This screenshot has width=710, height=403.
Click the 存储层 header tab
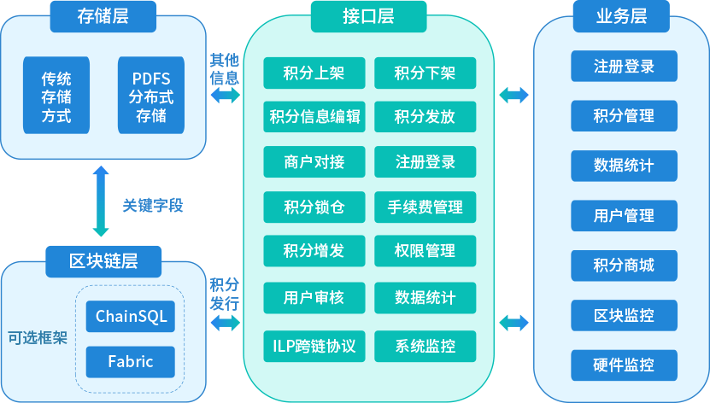point(103,15)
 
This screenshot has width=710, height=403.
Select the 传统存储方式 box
point(56,96)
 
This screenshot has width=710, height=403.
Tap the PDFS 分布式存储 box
point(151,96)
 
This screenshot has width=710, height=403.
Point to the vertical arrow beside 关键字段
point(101,201)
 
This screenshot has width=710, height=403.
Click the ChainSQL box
point(131,317)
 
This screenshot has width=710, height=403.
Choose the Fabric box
point(131,362)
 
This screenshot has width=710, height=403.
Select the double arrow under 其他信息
point(225,96)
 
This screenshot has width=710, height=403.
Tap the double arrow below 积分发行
point(225,323)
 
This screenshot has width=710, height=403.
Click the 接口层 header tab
point(369,15)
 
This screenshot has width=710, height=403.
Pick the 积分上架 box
point(314,73)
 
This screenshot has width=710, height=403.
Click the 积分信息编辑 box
point(314,117)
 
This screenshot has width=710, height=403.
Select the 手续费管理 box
point(425,207)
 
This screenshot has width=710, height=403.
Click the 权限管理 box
point(425,252)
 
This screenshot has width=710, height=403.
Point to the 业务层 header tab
point(621,15)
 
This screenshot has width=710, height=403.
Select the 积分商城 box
point(624,266)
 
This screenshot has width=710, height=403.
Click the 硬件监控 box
point(624,365)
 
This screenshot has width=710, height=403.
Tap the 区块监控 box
point(624,315)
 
